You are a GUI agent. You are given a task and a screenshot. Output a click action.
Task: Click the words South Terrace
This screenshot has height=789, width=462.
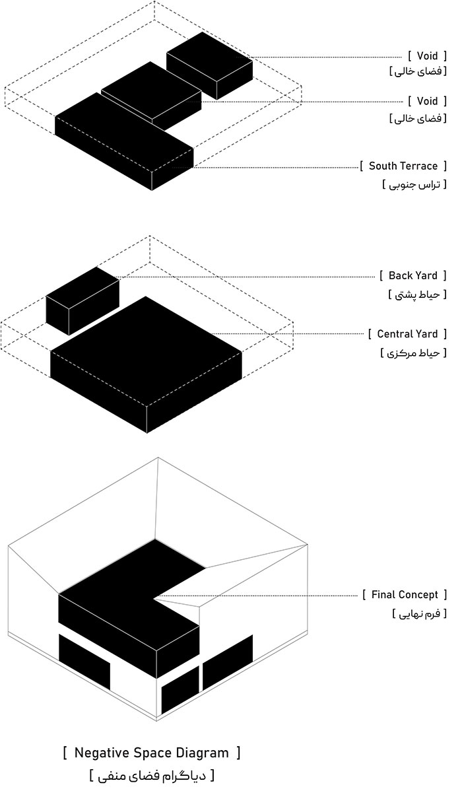(403, 166)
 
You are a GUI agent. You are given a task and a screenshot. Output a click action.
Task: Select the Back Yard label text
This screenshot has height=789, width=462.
(412, 275)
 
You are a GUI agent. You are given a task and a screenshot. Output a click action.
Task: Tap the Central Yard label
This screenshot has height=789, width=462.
(407, 334)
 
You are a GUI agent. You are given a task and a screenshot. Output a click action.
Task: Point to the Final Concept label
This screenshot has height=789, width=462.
(404, 595)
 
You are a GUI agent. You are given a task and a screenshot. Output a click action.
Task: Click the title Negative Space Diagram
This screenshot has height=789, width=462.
(152, 753)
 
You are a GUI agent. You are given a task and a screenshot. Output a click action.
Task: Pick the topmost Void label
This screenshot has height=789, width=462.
(427, 56)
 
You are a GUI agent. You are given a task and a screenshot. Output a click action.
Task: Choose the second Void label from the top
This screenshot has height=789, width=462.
(427, 101)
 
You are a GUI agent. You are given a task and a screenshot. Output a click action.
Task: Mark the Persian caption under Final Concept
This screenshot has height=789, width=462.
(419, 613)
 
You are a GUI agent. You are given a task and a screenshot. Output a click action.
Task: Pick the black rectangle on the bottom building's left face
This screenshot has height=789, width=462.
(84, 660)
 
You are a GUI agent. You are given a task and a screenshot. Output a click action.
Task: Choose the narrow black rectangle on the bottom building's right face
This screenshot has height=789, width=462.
(180, 689)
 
